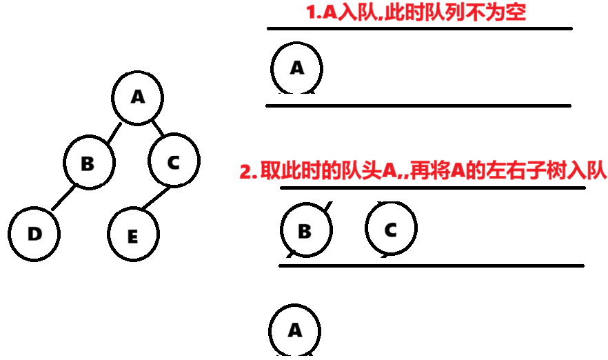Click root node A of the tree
point(138,97)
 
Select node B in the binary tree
point(88,163)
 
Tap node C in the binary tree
point(174,162)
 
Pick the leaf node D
point(34,234)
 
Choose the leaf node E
point(132,236)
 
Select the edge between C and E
point(155,199)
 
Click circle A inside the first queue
point(297,68)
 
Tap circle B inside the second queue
point(305,230)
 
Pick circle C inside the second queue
point(391,229)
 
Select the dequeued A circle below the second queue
point(295,330)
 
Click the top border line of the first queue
point(420,28)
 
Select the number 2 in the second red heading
point(244,172)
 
